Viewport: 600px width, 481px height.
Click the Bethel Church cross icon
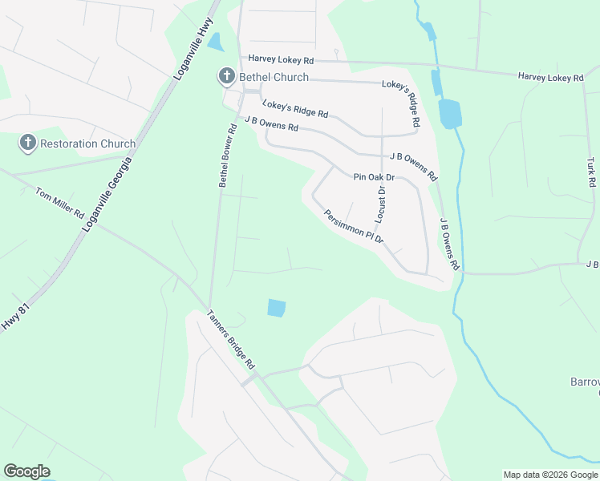(x=226, y=77)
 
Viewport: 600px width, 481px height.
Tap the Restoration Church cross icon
(x=27, y=143)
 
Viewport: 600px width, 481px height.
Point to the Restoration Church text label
(x=88, y=144)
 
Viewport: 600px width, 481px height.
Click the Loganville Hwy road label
(x=193, y=49)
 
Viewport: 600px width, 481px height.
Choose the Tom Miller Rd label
(x=60, y=204)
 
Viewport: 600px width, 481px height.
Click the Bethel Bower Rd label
(x=228, y=156)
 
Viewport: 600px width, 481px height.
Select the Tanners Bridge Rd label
(x=231, y=339)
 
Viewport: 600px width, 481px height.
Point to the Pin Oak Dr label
(x=374, y=177)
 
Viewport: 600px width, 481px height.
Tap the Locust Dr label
(x=381, y=204)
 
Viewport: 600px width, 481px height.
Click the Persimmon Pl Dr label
(x=354, y=227)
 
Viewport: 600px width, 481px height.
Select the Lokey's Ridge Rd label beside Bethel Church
(x=295, y=109)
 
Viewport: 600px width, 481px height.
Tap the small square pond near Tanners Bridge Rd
(x=276, y=308)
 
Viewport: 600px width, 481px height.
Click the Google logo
(x=26, y=471)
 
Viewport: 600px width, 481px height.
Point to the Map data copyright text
(x=550, y=475)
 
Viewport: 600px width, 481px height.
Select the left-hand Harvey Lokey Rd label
(x=280, y=59)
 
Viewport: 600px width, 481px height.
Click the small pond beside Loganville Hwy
(x=215, y=42)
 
